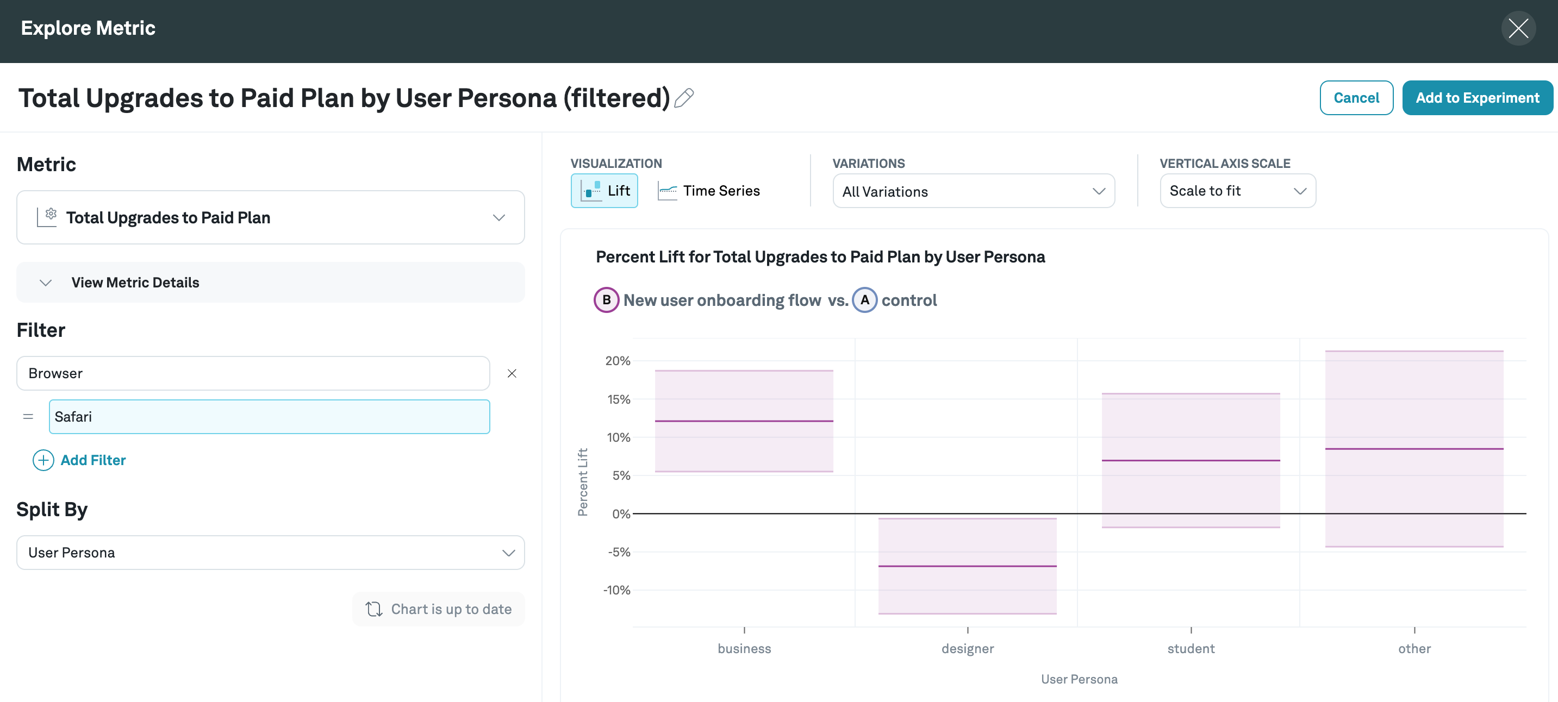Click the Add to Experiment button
(1477, 98)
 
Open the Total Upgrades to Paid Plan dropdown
(270, 218)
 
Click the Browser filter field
(253, 373)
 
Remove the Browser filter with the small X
(512, 374)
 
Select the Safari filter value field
(269, 417)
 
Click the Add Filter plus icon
(43, 460)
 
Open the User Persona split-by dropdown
(270, 553)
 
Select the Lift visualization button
(604, 191)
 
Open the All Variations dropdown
(973, 192)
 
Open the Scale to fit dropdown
(1237, 191)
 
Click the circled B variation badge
(606, 300)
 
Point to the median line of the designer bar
(967, 566)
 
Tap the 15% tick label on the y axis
(618, 399)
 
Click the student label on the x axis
(1191, 649)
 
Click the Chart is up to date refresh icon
(374, 609)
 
